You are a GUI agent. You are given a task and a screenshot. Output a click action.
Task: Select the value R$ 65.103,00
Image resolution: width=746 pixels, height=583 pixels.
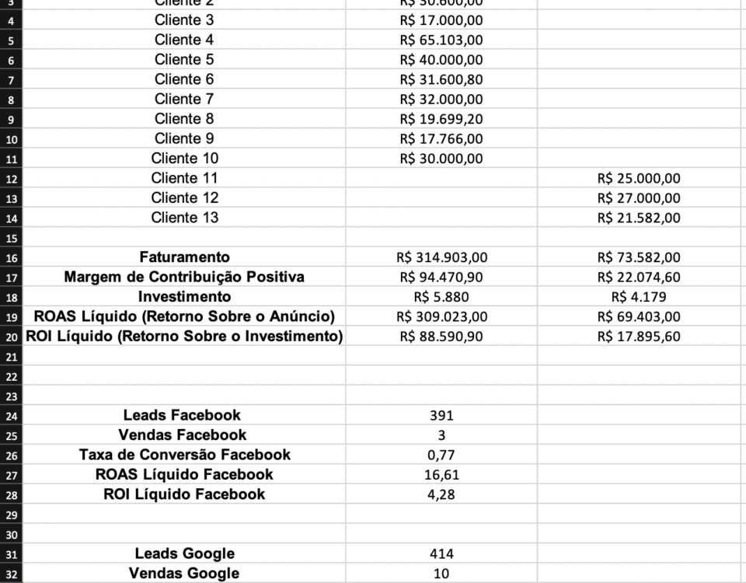441,40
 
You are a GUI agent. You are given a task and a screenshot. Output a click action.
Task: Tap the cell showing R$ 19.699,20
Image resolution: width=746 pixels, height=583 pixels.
441,119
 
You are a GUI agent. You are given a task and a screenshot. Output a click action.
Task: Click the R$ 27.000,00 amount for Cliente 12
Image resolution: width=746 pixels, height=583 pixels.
639,198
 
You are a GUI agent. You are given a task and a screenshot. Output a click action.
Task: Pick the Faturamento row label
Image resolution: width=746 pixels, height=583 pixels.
184,257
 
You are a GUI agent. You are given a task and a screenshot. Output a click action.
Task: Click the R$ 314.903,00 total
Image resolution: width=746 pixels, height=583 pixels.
441,257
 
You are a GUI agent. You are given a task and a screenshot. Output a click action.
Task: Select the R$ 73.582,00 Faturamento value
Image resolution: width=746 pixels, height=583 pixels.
639,257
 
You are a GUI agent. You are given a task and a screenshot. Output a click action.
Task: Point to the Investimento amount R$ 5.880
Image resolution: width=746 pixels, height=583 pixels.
441,297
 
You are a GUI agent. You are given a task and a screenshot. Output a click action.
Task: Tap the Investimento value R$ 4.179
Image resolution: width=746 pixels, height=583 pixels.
639,297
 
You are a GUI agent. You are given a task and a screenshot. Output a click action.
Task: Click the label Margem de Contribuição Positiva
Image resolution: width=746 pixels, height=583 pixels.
184,277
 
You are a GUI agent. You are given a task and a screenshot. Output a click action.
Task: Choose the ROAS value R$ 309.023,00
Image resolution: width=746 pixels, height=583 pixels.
441,316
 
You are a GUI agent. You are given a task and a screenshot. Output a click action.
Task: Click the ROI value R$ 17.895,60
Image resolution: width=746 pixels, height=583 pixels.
639,337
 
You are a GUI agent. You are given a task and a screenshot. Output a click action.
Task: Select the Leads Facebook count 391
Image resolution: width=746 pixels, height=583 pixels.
441,416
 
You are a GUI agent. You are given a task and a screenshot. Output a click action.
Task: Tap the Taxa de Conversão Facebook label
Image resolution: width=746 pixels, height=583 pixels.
184,455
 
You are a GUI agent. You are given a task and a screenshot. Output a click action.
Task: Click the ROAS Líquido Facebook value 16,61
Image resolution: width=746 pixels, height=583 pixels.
441,474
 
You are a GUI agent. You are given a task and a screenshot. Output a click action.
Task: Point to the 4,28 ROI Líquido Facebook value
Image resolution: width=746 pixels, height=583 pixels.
441,494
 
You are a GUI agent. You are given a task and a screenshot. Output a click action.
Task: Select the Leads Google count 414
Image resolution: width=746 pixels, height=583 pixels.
441,554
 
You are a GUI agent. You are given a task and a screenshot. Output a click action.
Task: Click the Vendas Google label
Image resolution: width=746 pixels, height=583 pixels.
184,574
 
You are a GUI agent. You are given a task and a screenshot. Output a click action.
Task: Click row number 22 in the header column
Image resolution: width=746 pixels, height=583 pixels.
11,376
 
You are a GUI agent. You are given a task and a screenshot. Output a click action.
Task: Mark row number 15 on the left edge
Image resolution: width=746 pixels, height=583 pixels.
11,238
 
